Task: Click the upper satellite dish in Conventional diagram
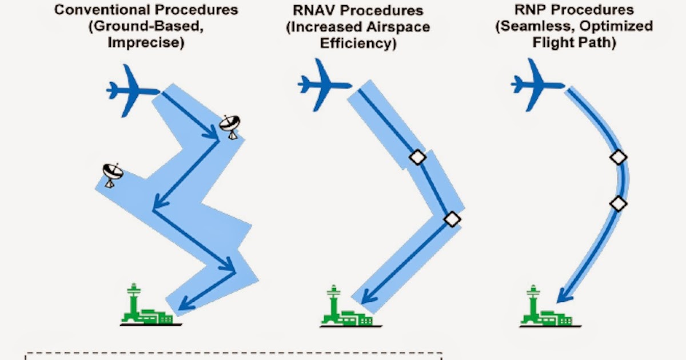pyautogui.click(x=231, y=126)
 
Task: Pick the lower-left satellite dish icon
pyautogui.click(x=112, y=174)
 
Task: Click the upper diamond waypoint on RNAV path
pyautogui.click(x=417, y=158)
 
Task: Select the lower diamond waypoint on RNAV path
pyautogui.click(x=452, y=218)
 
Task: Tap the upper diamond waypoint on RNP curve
pyautogui.click(x=618, y=157)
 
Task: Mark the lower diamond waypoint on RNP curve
pyautogui.click(x=618, y=203)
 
